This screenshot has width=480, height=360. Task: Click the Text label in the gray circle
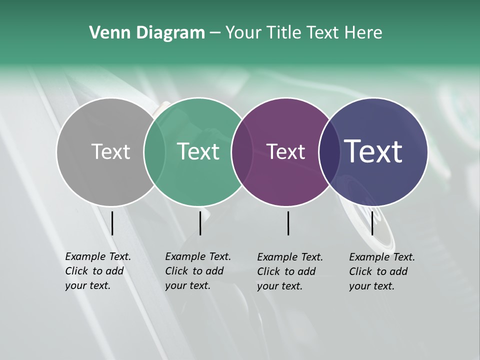click(x=110, y=151)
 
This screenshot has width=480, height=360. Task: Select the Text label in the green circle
click(x=198, y=151)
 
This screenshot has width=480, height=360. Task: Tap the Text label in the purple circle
click(x=286, y=151)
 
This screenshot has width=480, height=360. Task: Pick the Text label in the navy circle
click(x=373, y=151)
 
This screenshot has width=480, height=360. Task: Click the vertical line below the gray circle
click(x=112, y=223)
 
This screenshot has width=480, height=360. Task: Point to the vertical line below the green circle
click(x=200, y=223)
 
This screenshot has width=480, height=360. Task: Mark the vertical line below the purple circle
click(x=288, y=223)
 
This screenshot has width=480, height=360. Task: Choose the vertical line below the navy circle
click(x=372, y=223)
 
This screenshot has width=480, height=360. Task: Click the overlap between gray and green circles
click(x=154, y=151)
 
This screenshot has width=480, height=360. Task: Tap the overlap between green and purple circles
click(x=240, y=151)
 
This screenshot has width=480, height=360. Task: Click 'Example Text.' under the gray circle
click(x=98, y=256)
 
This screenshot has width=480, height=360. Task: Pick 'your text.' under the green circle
click(x=187, y=286)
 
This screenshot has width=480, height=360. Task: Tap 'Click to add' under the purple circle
click(x=286, y=271)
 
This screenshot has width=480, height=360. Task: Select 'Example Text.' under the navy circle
click(x=382, y=257)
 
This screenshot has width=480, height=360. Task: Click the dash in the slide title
click(x=215, y=33)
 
